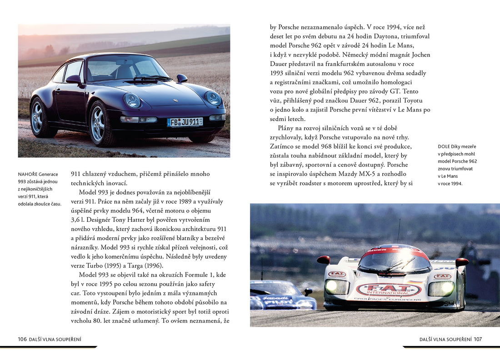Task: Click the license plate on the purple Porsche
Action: [x=185, y=122]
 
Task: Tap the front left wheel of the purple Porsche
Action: [x=100, y=124]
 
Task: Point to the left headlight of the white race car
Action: [x=336, y=286]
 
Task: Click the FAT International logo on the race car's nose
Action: [x=389, y=290]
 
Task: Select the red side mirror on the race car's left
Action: [x=324, y=260]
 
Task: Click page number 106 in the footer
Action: [x=22, y=339]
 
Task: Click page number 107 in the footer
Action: [x=478, y=339]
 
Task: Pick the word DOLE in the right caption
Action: [x=444, y=146]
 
